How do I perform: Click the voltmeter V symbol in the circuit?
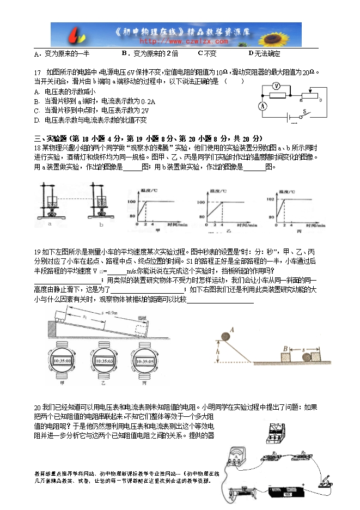tap(276, 86)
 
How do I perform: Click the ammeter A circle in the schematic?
tap(263, 106)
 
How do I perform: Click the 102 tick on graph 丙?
tap(269, 199)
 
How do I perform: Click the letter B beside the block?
tap(285, 348)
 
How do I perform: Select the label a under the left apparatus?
tap(50, 223)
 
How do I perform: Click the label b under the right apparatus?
tap(101, 223)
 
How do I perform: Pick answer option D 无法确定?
tap(264, 53)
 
